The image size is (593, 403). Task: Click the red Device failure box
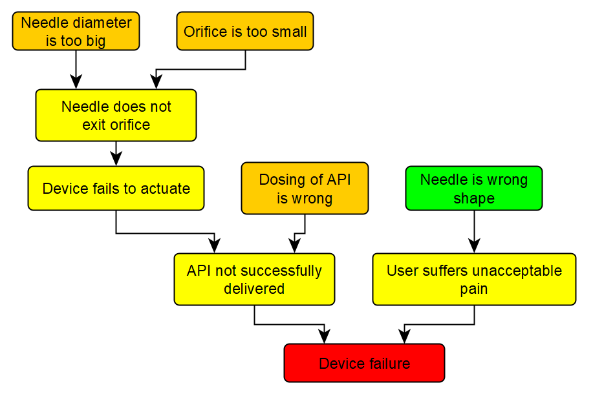[364, 363]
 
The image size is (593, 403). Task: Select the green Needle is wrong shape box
[473, 189]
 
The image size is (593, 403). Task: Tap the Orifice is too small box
[245, 31]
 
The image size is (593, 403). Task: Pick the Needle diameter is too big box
[76, 31]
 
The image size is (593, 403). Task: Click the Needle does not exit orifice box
[116, 115]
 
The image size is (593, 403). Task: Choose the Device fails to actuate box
[116, 189]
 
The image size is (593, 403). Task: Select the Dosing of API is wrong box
[305, 189]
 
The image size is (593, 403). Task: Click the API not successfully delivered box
[254, 279]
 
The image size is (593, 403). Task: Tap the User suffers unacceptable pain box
[474, 279]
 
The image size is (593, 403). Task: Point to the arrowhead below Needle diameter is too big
[76, 82]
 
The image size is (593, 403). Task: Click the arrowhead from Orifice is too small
[156, 82]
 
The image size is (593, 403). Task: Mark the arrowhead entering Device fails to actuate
[116, 159]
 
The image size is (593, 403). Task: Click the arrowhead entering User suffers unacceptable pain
[474, 246]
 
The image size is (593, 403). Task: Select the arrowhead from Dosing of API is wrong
[294, 246]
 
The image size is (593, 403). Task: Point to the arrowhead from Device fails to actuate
[214, 246]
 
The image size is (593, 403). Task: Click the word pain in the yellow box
[474, 289]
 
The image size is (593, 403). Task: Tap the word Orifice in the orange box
[202, 32]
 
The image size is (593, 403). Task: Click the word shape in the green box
[474, 198]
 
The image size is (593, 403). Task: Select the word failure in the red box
[389, 364]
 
